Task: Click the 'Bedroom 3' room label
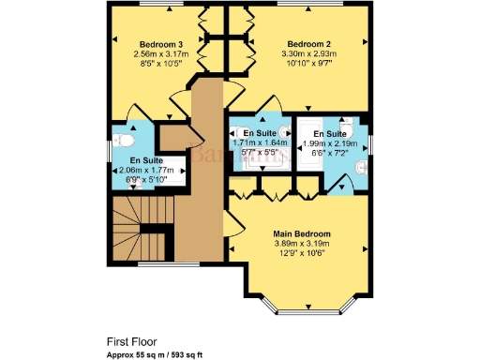(x=160, y=45)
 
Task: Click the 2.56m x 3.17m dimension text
(x=160, y=55)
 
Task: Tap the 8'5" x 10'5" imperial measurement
(x=160, y=66)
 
